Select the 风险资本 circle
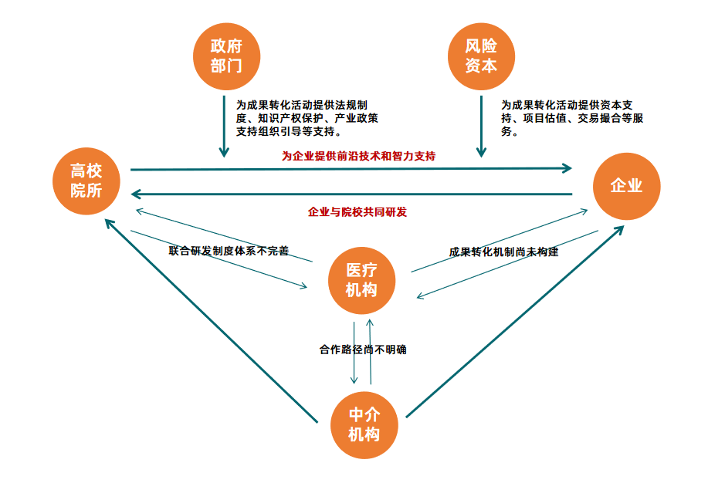click(481, 56)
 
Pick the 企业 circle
click(626, 186)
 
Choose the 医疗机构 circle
click(361, 280)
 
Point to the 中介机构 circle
click(363, 425)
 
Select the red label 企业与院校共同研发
click(357, 211)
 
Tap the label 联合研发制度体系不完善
click(229, 251)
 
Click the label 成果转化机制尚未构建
click(503, 252)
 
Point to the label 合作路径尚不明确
click(363, 350)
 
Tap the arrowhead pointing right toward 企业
click(567, 167)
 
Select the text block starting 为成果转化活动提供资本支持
click(567, 117)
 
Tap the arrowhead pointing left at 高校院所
click(138, 194)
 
